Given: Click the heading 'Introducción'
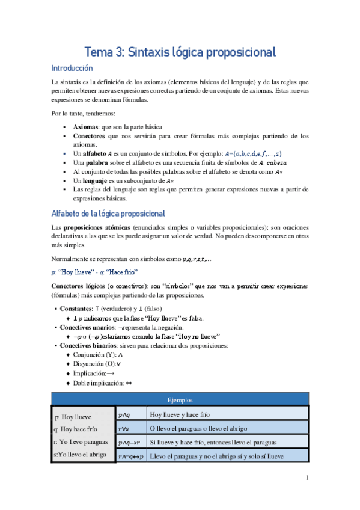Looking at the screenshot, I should (72, 69).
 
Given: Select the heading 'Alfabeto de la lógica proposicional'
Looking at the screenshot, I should (108, 214).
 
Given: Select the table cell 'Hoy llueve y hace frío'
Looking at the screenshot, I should (180, 414).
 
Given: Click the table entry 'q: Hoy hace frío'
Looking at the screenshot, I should (75, 429).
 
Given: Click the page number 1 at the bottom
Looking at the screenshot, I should (307, 478).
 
